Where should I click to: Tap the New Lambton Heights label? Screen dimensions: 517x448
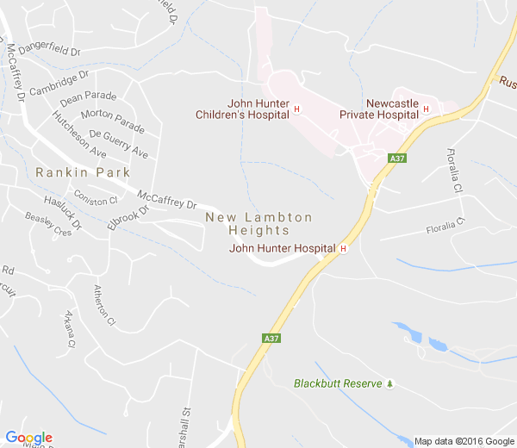(258, 224)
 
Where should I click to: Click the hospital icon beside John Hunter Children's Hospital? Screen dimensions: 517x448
(296, 109)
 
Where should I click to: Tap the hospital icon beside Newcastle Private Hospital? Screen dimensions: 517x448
(426, 109)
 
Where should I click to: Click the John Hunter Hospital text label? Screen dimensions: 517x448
(282, 248)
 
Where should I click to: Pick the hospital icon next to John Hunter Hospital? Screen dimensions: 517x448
(343, 249)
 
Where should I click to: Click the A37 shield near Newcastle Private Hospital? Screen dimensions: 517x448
(397, 159)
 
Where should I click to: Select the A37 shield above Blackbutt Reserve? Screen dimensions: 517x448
(271, 339)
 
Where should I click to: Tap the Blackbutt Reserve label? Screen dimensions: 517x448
(337, 383)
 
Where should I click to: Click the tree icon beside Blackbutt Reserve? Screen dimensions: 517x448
(389, 383)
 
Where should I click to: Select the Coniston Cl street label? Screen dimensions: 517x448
(95, 201)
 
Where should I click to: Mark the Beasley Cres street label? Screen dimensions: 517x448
(48, 225)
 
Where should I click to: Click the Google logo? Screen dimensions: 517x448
(28, 438)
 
